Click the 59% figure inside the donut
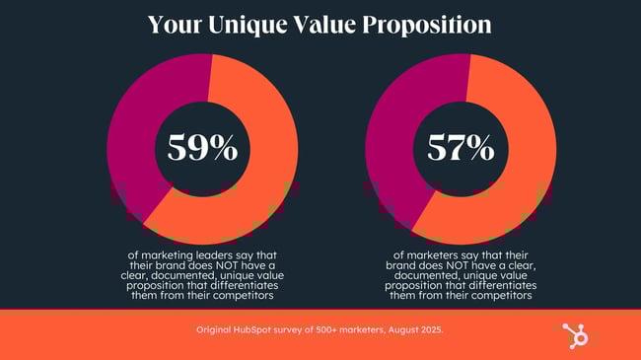pos(202,147)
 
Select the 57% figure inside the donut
pos(461,147)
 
